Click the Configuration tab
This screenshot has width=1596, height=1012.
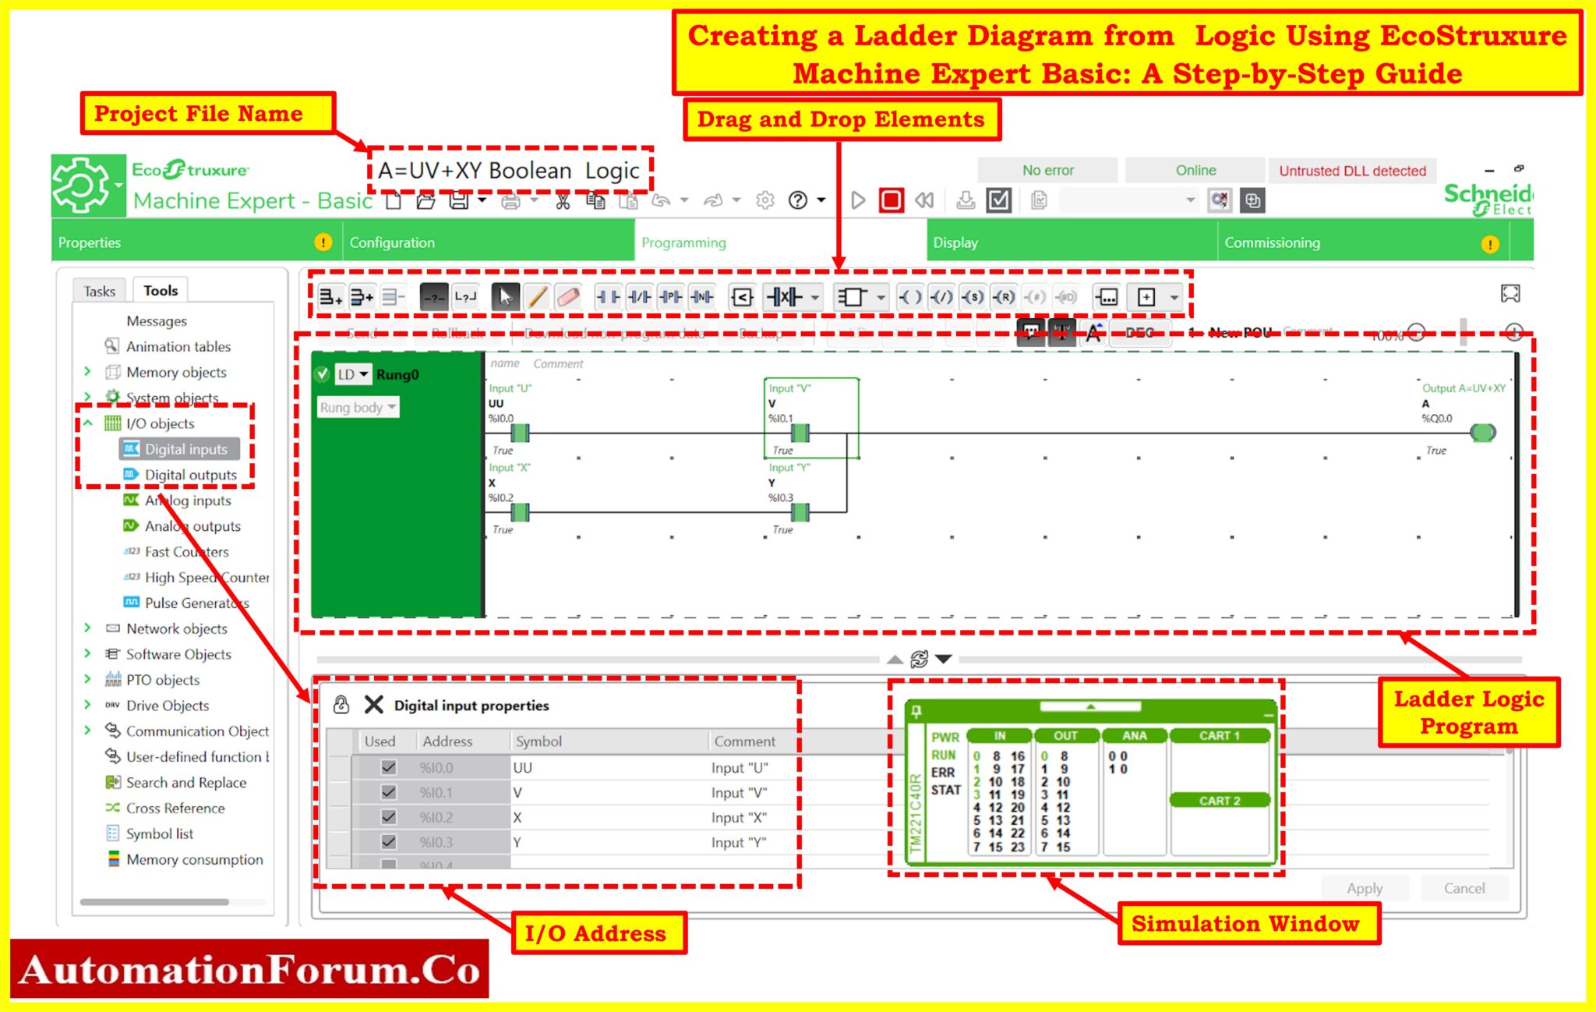click(392, 242)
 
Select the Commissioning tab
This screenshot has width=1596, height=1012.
click(1272, 242)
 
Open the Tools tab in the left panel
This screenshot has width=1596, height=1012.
click(161, 291)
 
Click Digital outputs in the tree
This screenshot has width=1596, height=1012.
click(190, 475)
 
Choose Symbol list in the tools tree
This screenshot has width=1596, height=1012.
click(160, 833)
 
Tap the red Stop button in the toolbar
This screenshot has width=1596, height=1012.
click(891, 200)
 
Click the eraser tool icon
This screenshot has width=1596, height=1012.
click(568, 297)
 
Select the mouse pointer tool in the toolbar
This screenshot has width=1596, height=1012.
click(506, 297)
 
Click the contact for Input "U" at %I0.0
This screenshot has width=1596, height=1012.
click(520, 433)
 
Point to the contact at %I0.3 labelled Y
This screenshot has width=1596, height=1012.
click(800, 512)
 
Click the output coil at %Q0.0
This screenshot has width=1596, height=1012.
click(1482, 433)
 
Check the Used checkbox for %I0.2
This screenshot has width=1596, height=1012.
click(388, 817)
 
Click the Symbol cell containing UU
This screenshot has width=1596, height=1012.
click(523, 768)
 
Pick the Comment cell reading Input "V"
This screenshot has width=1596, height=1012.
click(739, 793)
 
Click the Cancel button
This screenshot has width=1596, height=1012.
click(1464, 888)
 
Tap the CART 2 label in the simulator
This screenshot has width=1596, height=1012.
click(1219, 801)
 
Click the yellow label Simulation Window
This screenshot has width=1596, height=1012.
click(1245, 924)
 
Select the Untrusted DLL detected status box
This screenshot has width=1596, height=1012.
click(1352, 171)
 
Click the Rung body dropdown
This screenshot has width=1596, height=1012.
click(358, 407)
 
